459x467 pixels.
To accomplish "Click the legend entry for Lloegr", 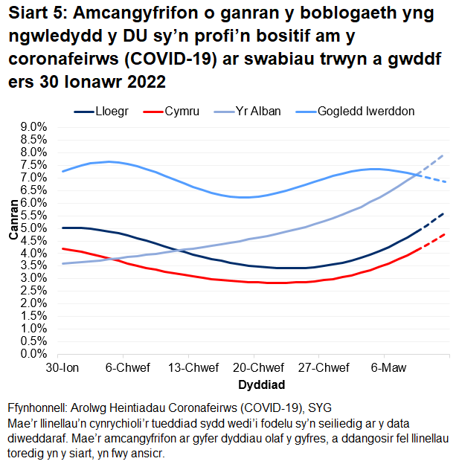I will click(x=111, y=111).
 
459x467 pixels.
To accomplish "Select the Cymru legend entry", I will click(x=181, y=111).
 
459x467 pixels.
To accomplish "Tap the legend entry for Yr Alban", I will click(x=258, y=111).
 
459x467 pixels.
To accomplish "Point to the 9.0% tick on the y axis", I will click(x=32, y=127).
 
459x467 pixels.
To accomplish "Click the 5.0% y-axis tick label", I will click(x=32, y=228).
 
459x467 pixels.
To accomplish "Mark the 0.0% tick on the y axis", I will click(x=32, y=354).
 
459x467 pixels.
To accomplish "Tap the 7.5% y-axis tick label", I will click(x=32, y=165).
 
